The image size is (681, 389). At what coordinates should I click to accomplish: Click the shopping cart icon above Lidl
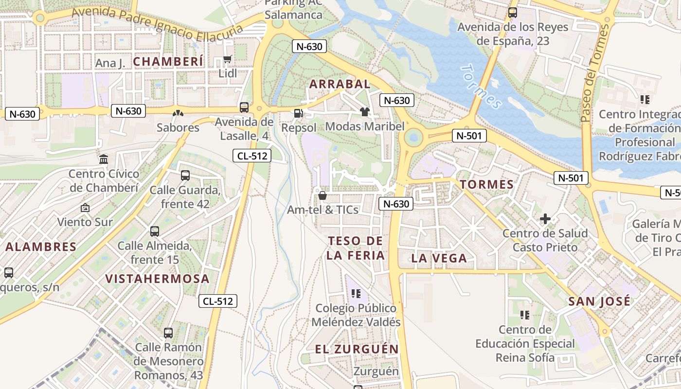[x=227, y=59]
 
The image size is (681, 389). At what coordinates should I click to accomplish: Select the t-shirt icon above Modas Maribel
[x=365, y=112]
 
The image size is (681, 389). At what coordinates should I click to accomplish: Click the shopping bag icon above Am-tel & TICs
[x=322, y=195]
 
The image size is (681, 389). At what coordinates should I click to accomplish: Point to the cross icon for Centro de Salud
[x=545, y=219]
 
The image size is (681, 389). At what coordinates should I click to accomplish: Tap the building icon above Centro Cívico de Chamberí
[x=104, y=159]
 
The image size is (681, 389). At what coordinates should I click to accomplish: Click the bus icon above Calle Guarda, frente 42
[x=185, y=176]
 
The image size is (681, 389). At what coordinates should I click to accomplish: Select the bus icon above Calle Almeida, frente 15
[x=155, y=231]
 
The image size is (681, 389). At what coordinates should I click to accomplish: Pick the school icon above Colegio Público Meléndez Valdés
[x=356, y=294]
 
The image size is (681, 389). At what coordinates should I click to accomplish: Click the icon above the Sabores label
[x=178, y=113]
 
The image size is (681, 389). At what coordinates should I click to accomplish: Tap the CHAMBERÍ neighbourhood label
[x=168, y=62]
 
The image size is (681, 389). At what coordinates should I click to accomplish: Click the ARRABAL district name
[x=340, y=84]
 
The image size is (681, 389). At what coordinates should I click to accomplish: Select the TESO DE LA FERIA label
[x=355, y=248]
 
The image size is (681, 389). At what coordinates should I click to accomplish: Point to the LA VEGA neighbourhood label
[x=439, y=258]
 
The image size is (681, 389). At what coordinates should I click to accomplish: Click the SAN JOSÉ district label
[x=599, y=301]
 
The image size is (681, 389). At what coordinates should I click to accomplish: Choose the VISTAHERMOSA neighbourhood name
[x=158, y=279]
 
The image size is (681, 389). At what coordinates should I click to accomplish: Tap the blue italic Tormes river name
[x=481, y=86]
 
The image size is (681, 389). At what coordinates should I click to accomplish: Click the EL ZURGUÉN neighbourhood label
[x=357, y=349]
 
